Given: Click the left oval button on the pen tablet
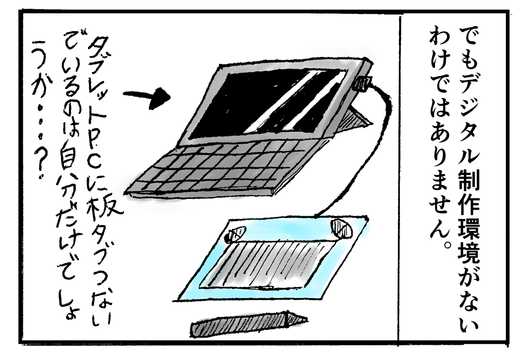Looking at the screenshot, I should tap(235, 233).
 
